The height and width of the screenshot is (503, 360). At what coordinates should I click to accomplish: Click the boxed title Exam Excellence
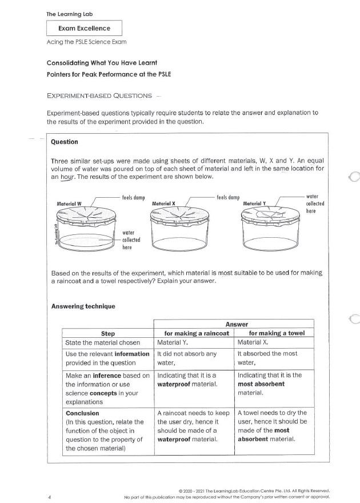click(84, 28)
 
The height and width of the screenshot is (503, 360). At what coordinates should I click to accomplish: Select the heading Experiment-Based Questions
click(99, 95)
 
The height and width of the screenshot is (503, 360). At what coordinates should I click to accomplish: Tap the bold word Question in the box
click(65, 142)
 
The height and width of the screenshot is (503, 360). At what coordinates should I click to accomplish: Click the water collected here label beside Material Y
click(315, 203)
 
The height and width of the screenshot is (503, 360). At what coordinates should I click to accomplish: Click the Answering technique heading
click(83, 306)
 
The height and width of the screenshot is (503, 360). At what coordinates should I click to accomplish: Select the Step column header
click(108, 333)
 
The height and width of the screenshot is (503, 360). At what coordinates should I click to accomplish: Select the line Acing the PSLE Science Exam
click(86, 43)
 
